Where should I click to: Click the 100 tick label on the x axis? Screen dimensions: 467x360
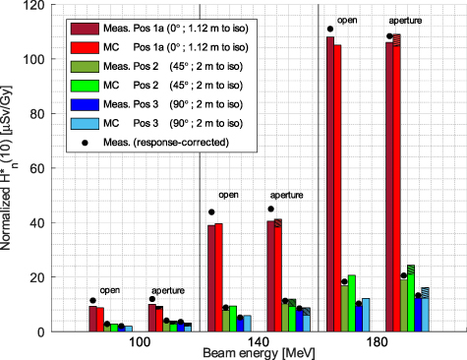(x=140, y=342)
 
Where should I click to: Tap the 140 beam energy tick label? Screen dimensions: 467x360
(x=259, y=342)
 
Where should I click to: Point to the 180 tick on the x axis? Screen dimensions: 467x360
(x=377, y=342)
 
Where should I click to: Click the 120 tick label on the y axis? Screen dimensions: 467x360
(x=33, y=5)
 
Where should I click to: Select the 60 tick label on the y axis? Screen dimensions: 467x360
(x=37, y=168)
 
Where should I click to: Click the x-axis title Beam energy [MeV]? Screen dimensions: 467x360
(x=259, y=353)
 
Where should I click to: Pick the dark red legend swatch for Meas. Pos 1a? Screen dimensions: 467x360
(x=85, y=29)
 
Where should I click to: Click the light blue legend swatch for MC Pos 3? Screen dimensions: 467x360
(x=85, y=124)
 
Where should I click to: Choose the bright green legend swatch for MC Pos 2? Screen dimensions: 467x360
(x=85, y=86)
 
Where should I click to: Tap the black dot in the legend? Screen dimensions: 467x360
(x=85, y=143)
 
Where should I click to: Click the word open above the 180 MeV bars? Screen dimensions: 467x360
(x=347, y=21)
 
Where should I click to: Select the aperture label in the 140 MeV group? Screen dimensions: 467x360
(x=287, y=196)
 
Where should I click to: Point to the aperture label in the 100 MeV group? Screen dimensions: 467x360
(x=168, y=291)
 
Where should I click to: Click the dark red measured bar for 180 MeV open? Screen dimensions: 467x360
(x=330, y=184)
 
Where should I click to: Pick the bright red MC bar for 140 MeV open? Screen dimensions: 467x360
(x=218, y=277)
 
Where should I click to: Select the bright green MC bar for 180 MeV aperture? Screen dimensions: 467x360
(x=411, y=298)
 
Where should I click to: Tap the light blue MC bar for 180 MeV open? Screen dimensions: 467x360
(x=366, y=315)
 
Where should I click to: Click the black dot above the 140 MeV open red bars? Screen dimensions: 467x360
(x=211, y=212)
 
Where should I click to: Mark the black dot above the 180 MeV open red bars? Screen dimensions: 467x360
(x=330, y=30)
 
